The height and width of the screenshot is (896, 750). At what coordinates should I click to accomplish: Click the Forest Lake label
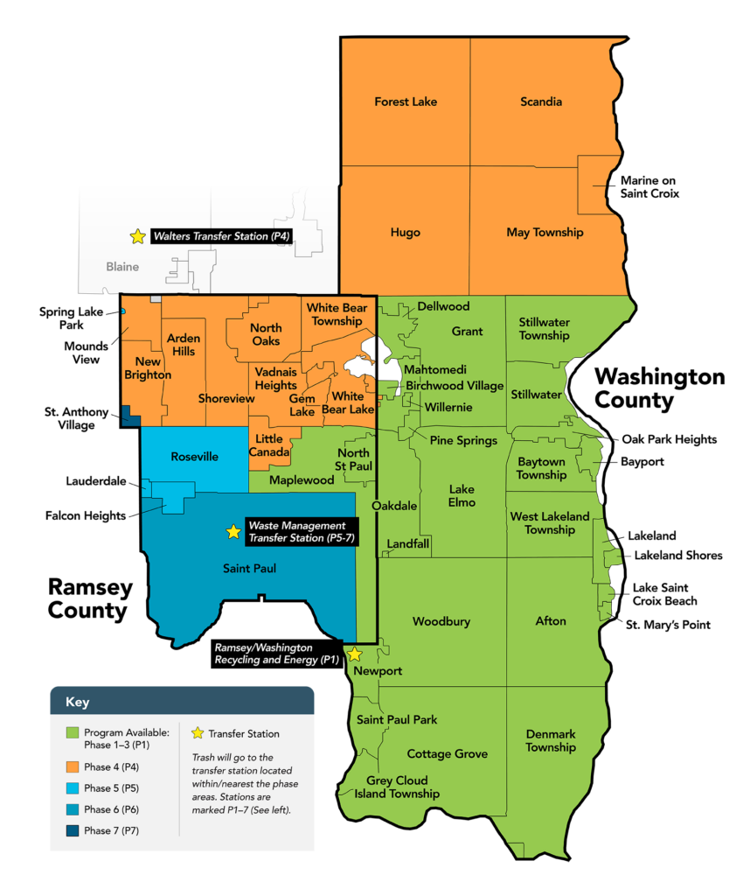(406, 101)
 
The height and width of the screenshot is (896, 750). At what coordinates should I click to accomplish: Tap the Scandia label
(541, 101)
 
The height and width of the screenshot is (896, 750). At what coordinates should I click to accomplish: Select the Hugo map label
(406, 233)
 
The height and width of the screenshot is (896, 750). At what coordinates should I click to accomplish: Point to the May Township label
(545, 233)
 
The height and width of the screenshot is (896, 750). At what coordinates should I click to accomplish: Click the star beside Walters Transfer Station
(137, 236)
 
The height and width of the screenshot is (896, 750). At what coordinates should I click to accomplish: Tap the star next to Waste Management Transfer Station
(233, 532)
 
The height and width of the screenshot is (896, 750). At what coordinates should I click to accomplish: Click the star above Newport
(354, 654)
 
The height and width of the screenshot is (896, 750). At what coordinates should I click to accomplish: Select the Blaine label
(122, 267)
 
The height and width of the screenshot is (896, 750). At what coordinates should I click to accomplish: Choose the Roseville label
(195, 457)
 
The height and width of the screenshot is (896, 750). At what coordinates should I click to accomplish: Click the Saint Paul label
(249, 569)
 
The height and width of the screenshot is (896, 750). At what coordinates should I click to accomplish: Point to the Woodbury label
(441, 622)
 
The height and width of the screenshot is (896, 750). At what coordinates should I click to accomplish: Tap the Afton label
(551, 621)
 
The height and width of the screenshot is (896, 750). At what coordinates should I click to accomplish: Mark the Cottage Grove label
(447, 754)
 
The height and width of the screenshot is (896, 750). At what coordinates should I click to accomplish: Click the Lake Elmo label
(462, 496)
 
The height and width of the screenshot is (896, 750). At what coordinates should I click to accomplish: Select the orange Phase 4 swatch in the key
(73, 766)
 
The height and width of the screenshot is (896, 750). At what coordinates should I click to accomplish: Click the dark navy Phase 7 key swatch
(73, 830)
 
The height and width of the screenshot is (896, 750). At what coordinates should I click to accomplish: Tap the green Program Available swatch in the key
(73, 732)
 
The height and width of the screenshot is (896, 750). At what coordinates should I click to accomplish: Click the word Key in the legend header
(77, 702)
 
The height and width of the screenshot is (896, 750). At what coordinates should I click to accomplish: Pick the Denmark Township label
(551, 741)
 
